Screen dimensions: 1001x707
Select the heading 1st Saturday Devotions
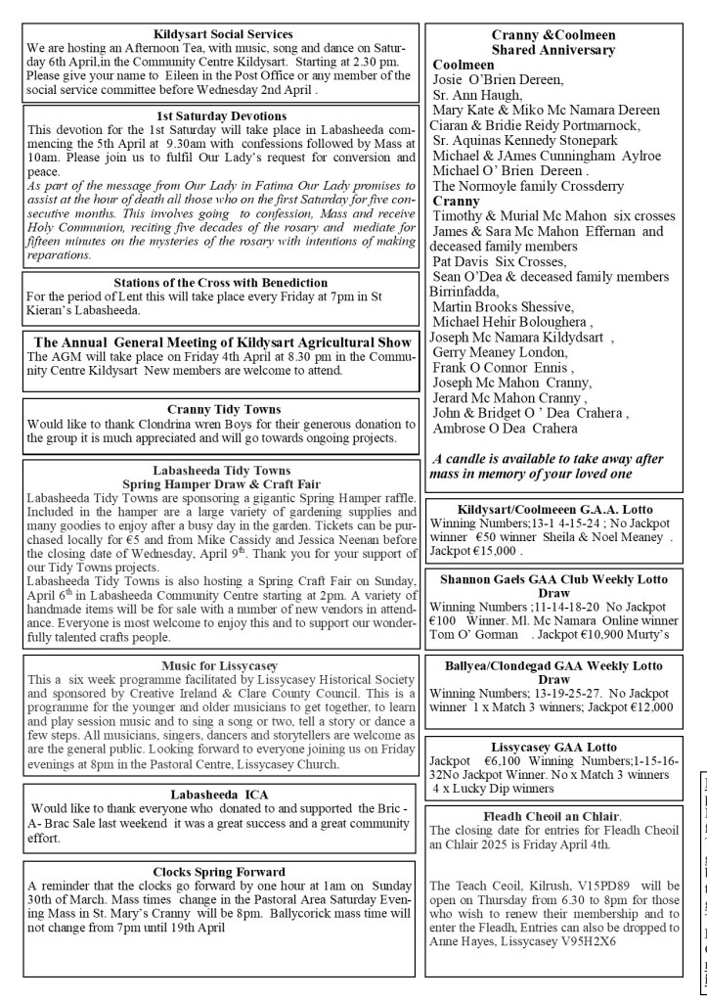(211, 115)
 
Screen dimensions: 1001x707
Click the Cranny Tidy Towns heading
(211, 409)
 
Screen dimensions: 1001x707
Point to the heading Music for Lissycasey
(211, 662)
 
